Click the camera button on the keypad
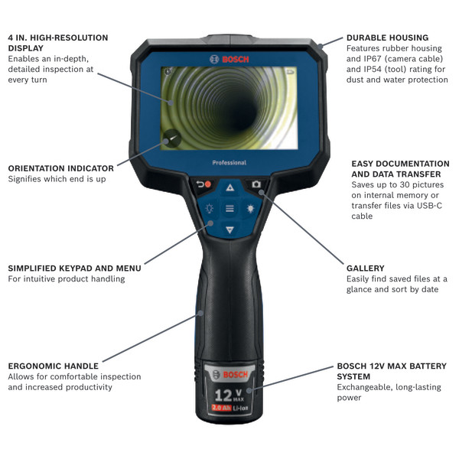[255, 185]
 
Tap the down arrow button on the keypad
[229, 229]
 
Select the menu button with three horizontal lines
[229, 208]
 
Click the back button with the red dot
[203, 186]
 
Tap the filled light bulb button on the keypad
[249, 208]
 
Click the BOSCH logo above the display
[229, 59]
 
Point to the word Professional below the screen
[229, 162]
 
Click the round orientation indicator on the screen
[171, 138]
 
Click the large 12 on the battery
[224, 395]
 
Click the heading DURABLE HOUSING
[387, 37]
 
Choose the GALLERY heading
[366, 269]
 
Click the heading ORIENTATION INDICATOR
[61, 168]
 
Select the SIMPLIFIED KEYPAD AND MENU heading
[74, 269]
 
